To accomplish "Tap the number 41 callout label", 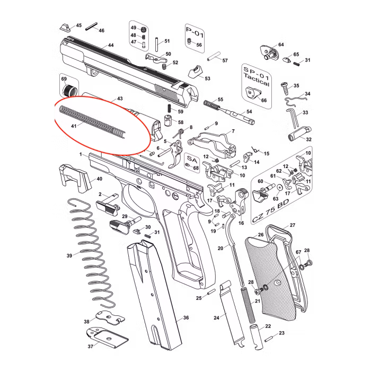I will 74,126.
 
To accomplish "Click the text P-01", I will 195,33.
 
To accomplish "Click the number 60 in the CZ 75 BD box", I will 261,182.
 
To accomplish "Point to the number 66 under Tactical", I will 264,99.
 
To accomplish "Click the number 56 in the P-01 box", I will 199,45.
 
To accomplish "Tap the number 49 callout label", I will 134,28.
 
